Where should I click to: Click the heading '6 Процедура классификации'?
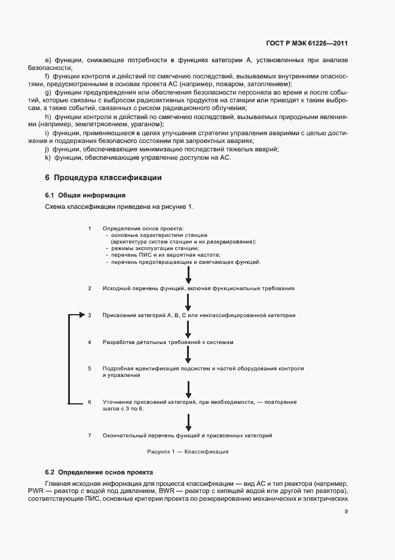pos(103,178)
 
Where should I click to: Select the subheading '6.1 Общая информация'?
pos(85,196)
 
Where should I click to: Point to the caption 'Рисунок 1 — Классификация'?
pos(188,452)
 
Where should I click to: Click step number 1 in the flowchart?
pos(90,229)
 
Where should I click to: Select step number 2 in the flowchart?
pos(90,288)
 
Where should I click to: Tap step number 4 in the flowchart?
pos(90,342)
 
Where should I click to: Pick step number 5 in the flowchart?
pos(90,369)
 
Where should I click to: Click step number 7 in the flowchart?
pos(90,435)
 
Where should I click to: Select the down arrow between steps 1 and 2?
pos(188,275)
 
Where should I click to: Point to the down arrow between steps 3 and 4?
pos(188,328)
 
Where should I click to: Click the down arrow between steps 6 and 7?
pos(188,422)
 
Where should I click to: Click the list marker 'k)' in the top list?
pos(47,158)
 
